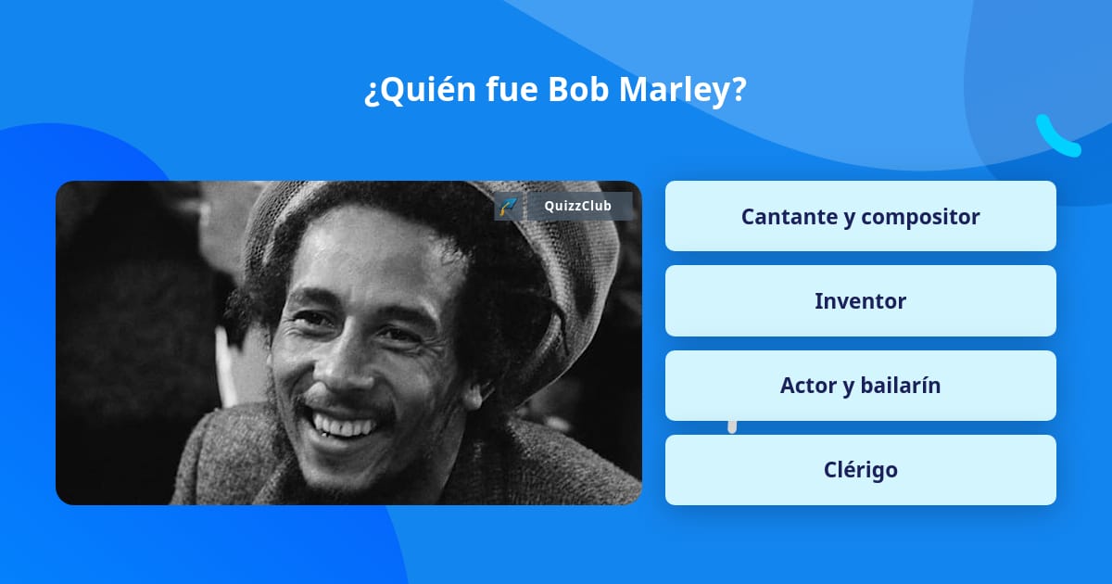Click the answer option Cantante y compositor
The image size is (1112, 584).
tap(860, 216)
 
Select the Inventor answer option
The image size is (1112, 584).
tap(860, 301)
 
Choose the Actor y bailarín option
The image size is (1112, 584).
tap(860, 386)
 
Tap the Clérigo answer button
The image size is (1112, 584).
tap(860, 470)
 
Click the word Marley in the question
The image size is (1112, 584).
tap(676, 90)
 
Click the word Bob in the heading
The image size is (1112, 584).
tap(577, 90)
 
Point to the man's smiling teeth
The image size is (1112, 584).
tap(345, 426)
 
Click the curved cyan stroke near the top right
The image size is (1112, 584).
tap(1056, 137)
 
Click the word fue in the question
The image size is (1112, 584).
tap(512, 90)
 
